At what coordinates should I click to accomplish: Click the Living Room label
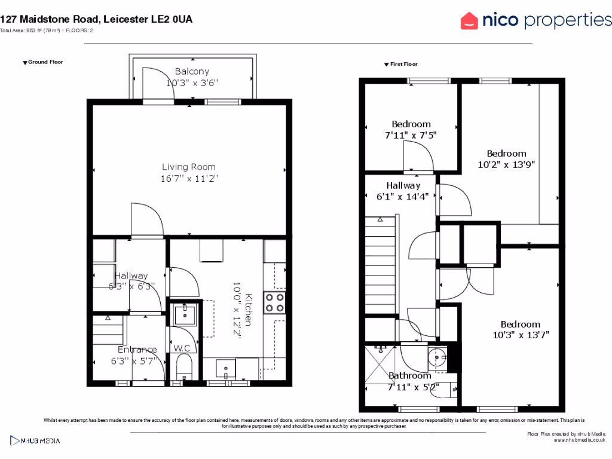tap(189, 167)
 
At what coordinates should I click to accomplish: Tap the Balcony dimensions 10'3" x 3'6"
tap(192, 83)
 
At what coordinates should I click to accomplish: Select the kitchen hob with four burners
tap(275, 302)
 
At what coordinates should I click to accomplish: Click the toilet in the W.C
tap(183, 365)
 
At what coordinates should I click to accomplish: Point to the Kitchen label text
tap(249, 310)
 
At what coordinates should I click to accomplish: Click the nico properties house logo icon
tap(470, 21)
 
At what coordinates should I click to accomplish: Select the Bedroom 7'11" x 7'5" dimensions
tap(411, 135)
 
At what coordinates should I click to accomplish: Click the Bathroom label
tap(409, 375)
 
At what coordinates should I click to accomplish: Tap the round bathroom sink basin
tap(438, 358)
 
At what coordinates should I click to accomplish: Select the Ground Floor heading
tap(45, 62)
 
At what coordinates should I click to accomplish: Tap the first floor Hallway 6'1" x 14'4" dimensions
tap(403, 196)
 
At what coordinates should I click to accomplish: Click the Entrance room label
tap(137, 350)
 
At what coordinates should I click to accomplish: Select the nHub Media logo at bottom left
tap(36, 441)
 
